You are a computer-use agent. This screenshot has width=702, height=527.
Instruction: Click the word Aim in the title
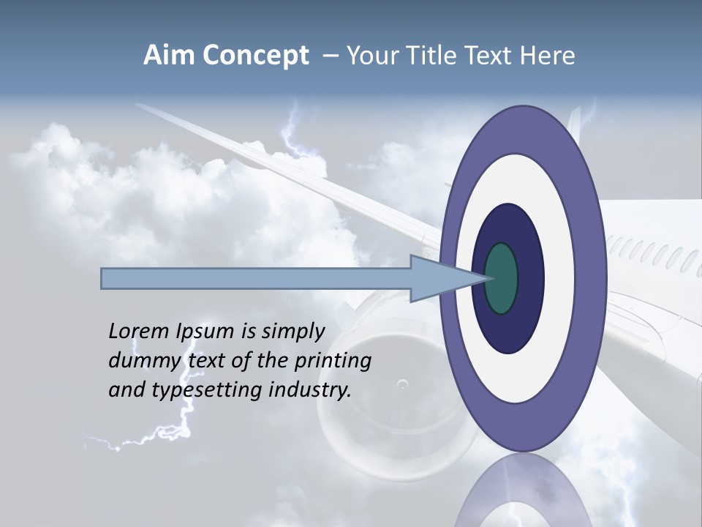point(169,56)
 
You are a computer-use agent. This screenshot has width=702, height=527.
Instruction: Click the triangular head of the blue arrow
point(439,279)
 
